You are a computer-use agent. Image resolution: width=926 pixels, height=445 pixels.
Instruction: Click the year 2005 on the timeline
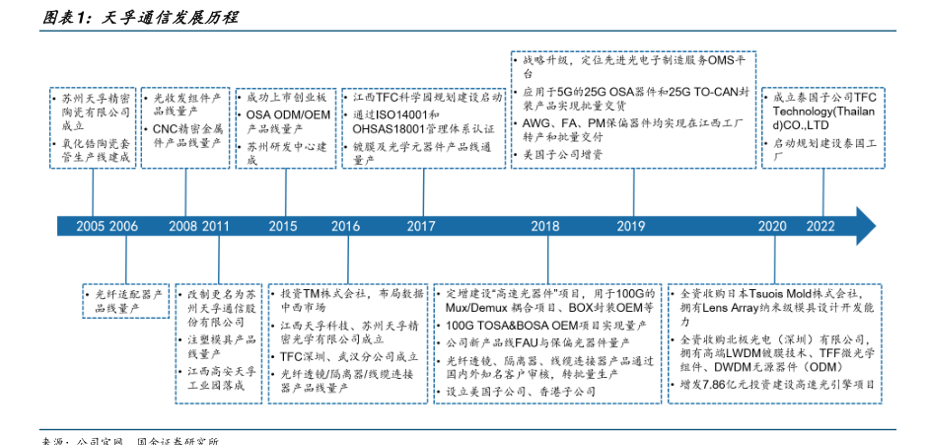pyautogui.click(x=90, y=226)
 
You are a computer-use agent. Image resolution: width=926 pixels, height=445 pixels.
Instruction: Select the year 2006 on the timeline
pyautogui.click(x=124, y=226)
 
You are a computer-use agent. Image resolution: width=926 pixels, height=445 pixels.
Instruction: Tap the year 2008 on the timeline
pyautogui.click(x=182, y=226)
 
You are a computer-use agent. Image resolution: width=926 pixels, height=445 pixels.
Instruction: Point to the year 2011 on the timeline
pyautogui.click(x=216, y=226)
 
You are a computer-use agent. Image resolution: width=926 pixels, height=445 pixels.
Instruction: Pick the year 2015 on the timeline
pyautogui.click(x=282, y=226)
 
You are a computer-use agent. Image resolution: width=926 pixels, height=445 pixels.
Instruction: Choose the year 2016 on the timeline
pyautogui.click(x=345, y=226)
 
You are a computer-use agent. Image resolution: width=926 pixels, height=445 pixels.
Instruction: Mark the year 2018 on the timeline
pyautogui.click(x=544, y=226)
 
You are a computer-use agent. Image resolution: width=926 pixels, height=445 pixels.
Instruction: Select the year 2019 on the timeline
pyautogui.click(x=631, y=226)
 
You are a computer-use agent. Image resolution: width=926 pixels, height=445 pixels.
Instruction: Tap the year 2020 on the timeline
pyautogui.click(x=772, y=226)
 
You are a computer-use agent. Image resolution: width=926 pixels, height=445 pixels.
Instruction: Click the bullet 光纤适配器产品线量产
pyautogui.click(x=128, y=302)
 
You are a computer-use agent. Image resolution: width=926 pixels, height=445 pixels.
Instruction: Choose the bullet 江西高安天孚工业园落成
pyautogui.click(x=221, y=378)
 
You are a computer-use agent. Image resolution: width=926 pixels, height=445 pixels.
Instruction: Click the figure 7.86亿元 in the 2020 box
pyautogui.click(x=721, y=384)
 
